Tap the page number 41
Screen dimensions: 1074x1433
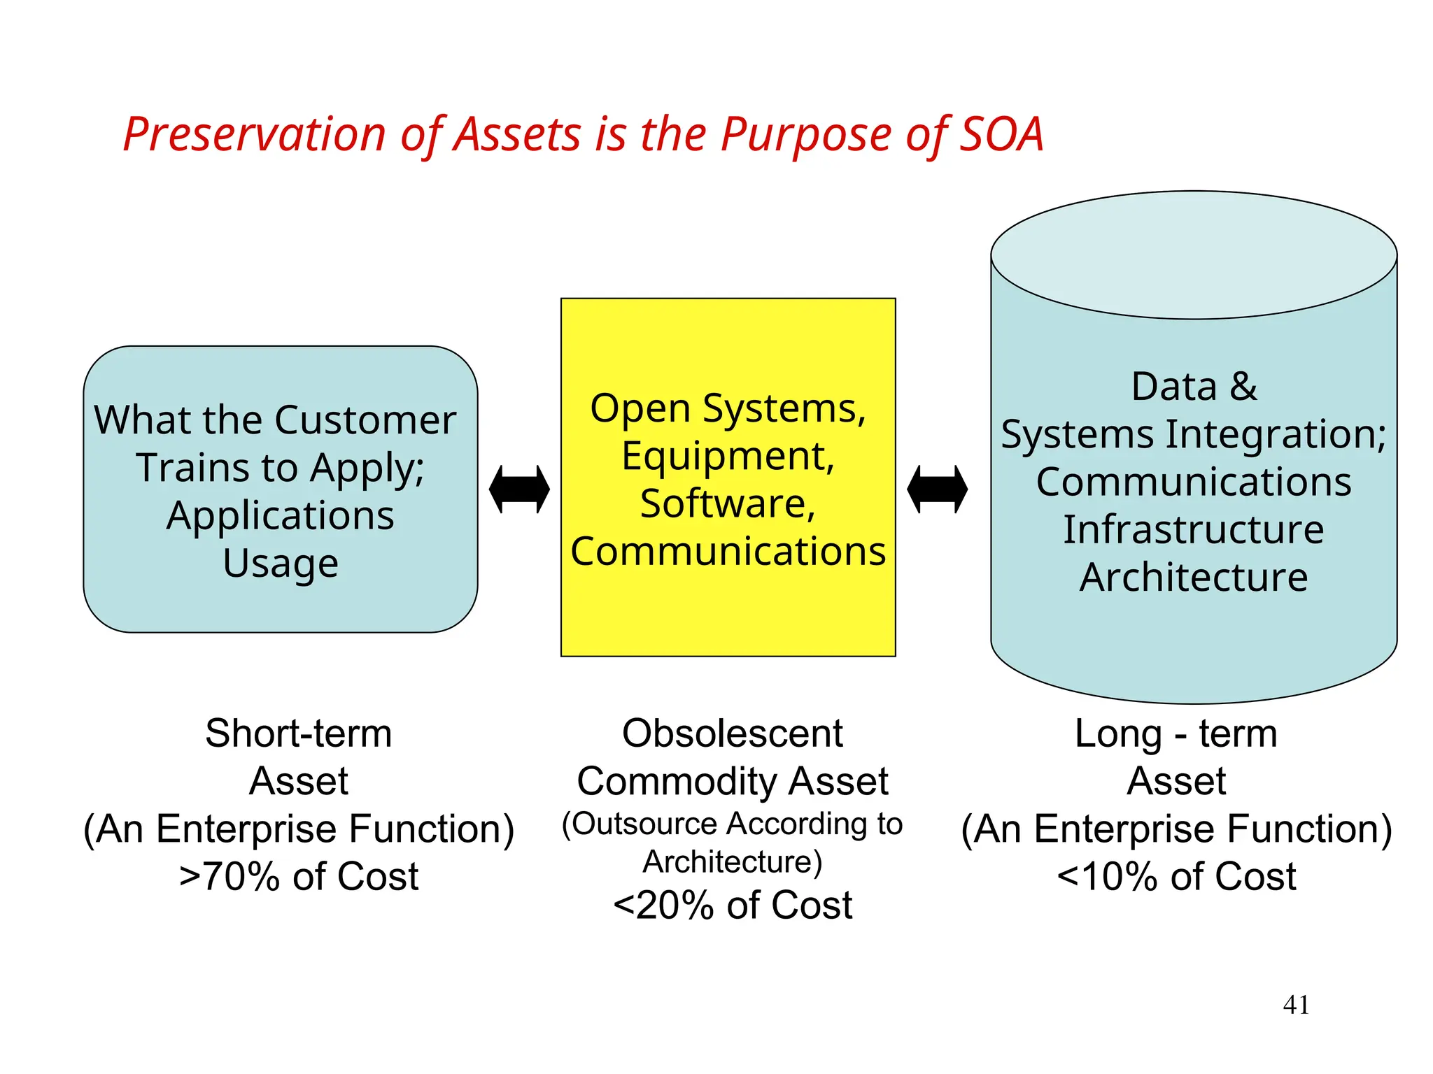(1296, 1005)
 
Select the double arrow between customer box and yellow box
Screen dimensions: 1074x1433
(519, 489)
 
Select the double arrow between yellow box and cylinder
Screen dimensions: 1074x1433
(937, 489)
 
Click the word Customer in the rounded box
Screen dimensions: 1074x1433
(365, 420)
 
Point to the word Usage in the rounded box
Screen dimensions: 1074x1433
(281, 564)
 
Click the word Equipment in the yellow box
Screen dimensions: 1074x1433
(728, 456)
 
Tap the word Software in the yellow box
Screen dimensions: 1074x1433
(728, 503)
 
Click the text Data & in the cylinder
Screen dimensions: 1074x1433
(1194, 387)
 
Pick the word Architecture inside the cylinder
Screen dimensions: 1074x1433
(1194, 578)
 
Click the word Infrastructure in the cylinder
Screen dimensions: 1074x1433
(1194, 529)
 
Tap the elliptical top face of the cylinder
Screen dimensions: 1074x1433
(1194, 255)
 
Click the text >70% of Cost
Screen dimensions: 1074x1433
(299, 877)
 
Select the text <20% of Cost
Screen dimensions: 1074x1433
(733, 905)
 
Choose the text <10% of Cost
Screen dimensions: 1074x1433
(1176, 877)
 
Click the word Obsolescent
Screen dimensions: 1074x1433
(733, 733)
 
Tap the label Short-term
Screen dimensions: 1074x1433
(299, 733)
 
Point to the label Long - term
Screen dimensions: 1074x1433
(1176, 733)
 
